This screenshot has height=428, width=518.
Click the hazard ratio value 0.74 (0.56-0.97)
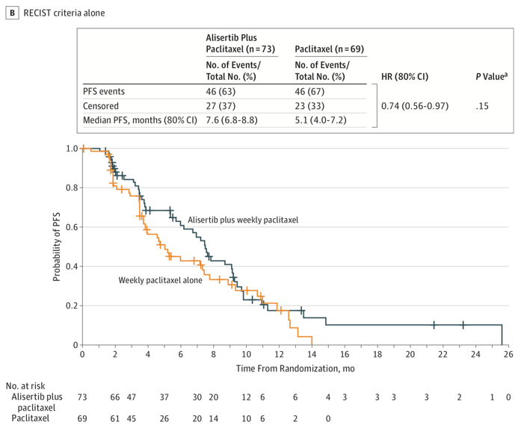coord(414,106)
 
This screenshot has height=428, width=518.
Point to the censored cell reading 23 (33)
coord(311,106)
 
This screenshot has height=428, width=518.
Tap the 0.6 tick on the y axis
coord(70,227)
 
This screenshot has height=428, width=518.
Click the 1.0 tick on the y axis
coord(70,149)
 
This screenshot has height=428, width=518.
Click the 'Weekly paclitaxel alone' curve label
coord(160,280)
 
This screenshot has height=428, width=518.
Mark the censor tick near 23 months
coord(463,325)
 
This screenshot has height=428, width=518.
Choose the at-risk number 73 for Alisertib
coord(82,396)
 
